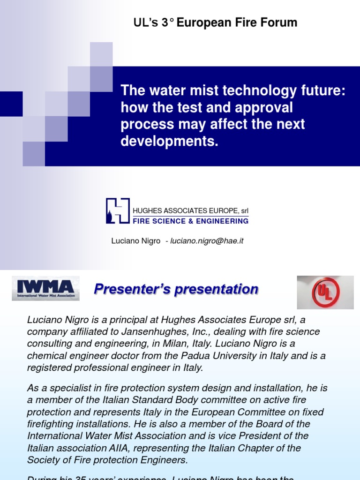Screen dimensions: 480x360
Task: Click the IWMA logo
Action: pyautogui.click(x=45, y=288)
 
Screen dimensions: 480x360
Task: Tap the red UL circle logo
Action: pyautogui.click(x=325, y=292)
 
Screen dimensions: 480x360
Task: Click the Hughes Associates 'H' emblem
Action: pyautogui.click(x=117, y=210)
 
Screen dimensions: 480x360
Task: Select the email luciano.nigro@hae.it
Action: pyautogui.click(x=207, y=241)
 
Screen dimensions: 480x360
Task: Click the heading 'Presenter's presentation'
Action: pyautogui.click(x=176, y=289)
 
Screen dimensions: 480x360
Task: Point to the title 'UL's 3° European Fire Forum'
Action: pyautogui.click(x=215, y=22)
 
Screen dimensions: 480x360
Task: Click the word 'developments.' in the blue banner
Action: pyautogui.click(x=170, y=142)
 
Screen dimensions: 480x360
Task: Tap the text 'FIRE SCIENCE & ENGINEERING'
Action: pyautogui.click(x=191, y=221)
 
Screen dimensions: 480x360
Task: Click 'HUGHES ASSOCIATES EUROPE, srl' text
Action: pyautogui.click(x=191, y=210)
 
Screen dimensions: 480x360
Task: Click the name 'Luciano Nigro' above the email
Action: pyautogui.click(x=135, y=241)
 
